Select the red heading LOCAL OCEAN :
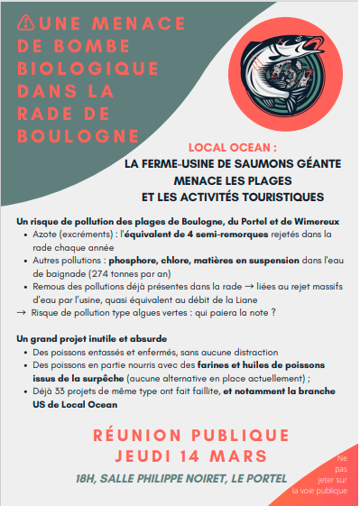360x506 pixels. pyautogui.click(x=231, y=147)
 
